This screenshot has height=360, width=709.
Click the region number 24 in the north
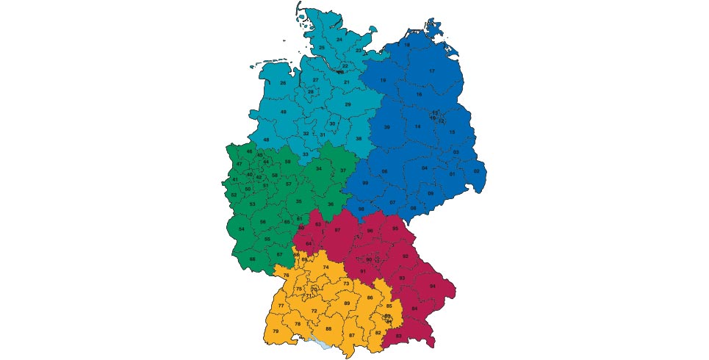[339, 39]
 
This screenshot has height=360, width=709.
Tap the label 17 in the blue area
[432, 71]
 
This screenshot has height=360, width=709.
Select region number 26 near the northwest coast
[283, 83]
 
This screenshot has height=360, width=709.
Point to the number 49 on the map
[283, 112]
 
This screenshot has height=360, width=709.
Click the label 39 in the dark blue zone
[386, 127]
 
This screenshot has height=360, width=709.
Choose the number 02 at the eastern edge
[476, 171]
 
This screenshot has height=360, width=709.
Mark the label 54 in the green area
[242, 229]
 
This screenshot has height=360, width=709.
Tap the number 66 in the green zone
[252, 259]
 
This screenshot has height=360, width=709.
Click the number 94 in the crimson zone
[433, 286]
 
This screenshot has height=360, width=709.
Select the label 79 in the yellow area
[276, 332]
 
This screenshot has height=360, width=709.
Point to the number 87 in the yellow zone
[352, 335]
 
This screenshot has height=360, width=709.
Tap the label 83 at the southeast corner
[398, 336]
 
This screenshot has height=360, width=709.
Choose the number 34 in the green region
[318, 168]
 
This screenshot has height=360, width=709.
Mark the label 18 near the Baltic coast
[407, 45]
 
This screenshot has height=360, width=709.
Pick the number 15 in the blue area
[452, 132]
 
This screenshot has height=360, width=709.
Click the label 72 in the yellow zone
[314, 311]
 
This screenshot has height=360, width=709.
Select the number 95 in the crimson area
[395, 228]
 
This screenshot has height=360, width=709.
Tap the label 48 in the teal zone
[266, 140]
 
